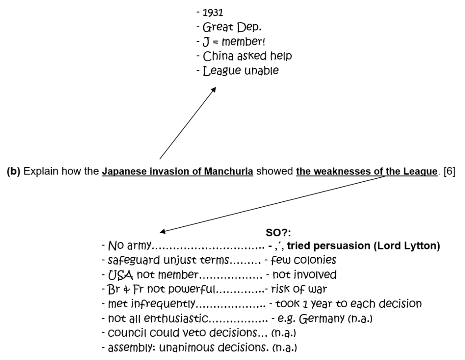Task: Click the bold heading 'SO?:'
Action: (x=275, y=236)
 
